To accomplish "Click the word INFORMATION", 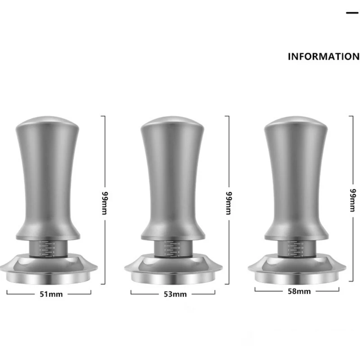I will click(x=324, y=57).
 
